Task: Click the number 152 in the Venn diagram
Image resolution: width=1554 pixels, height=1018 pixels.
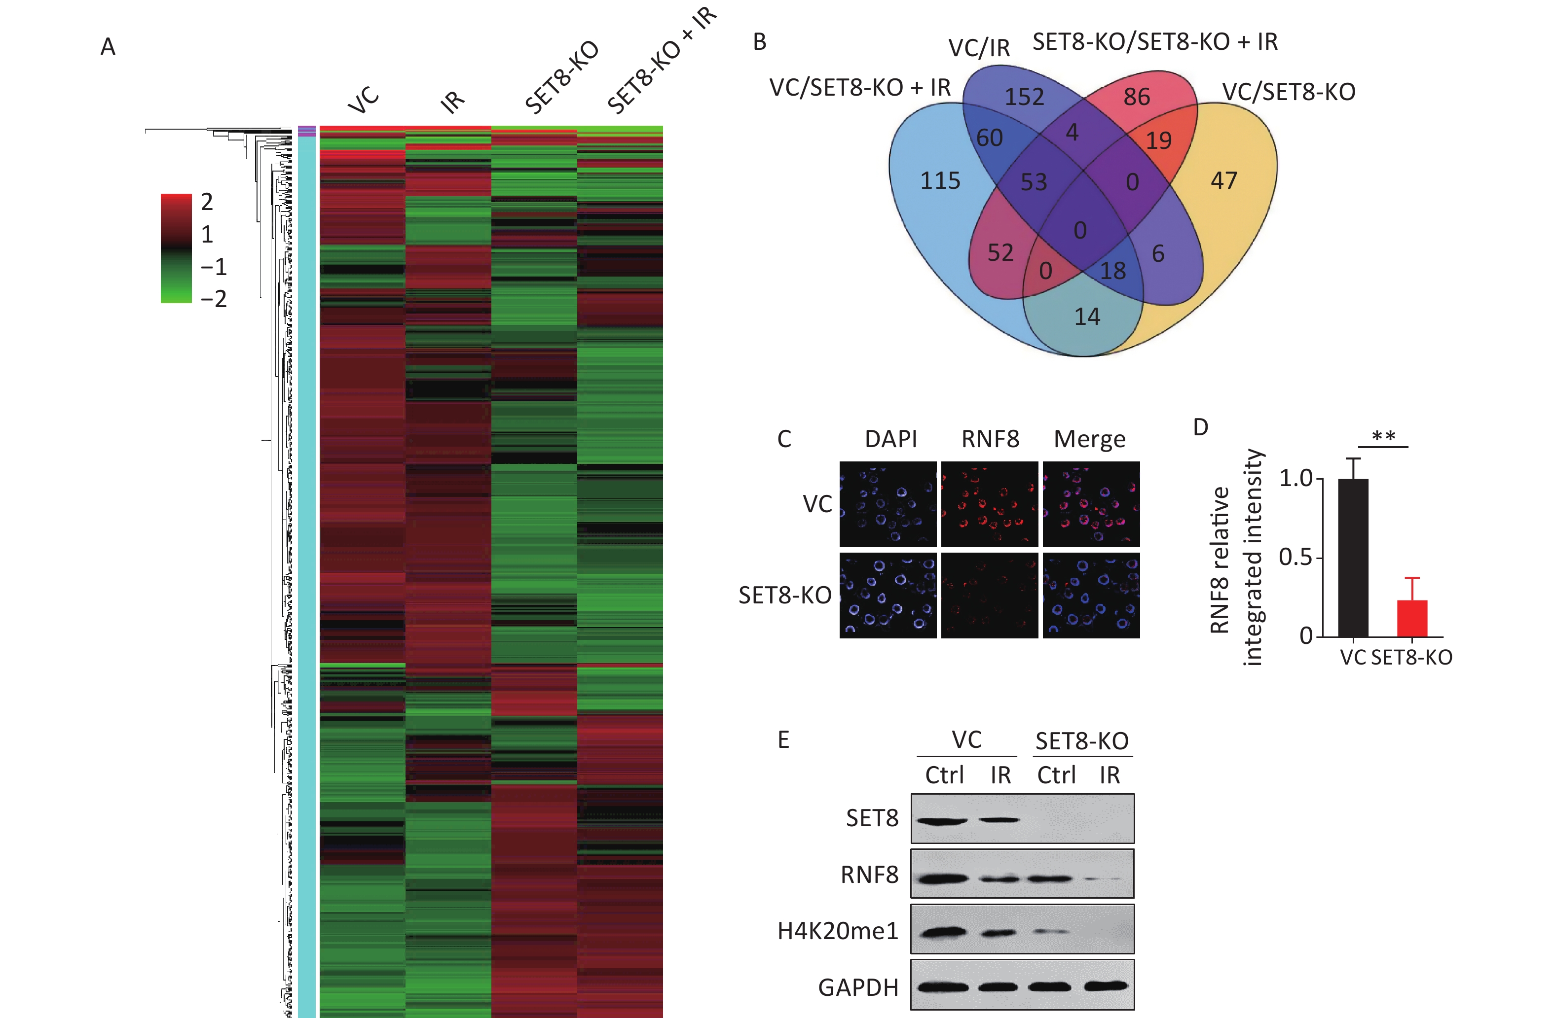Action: [1024, 97]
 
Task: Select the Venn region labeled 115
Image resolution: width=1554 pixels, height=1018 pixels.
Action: [940, 181]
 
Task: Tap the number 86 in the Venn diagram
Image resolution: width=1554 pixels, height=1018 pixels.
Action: [1136, 97]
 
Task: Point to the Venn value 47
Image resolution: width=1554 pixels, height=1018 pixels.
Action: [1223, 181]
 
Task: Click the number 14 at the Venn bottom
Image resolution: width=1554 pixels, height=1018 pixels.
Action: [1087, 317]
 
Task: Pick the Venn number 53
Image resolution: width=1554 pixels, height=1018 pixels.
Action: [1034, 182]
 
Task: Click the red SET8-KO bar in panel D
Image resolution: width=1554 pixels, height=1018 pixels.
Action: [1411, 618]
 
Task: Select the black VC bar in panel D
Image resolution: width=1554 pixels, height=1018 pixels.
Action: [1353, 558]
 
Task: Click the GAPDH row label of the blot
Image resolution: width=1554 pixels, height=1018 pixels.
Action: [858, 988]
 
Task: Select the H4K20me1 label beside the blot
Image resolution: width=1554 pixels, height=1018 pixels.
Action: [838, 931]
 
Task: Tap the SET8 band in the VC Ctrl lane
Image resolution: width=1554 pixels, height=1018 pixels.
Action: [941, 820]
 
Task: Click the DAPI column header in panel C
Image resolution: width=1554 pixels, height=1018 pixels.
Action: [890, 439]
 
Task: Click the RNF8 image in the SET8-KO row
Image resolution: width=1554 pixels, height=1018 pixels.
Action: [989, 595]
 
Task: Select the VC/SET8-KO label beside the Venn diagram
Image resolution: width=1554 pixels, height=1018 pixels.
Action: [1288, 92]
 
